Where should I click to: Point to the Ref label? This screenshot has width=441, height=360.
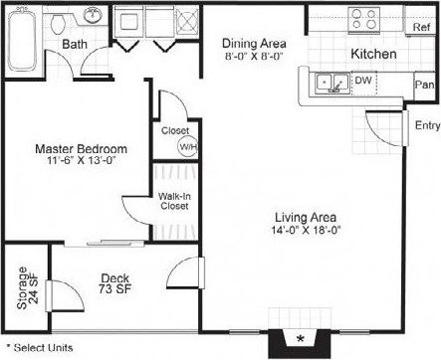click(x=420, y=28)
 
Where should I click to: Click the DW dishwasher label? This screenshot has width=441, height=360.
click(x=364, y=81)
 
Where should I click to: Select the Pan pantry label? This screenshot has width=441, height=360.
click(x=422, y=87)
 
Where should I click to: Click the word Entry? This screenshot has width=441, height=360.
click(x=427, y=125)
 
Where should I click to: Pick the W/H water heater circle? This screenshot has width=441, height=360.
click(x=187, y=146)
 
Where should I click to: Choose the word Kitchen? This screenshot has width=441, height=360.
click(x=374, y=53)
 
